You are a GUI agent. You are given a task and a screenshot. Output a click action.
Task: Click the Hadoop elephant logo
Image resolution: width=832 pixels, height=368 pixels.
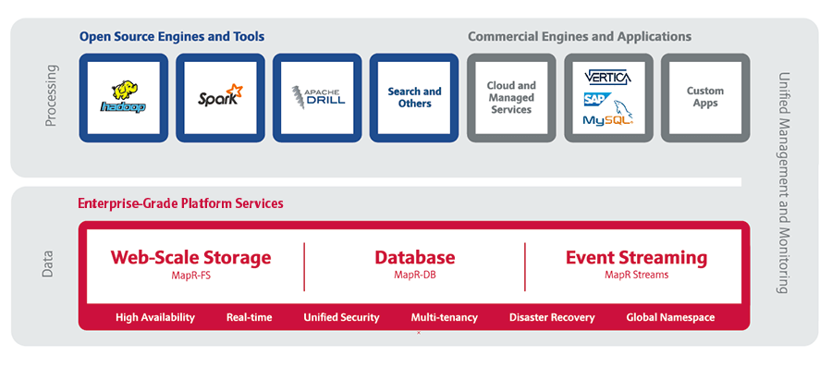(124, 97)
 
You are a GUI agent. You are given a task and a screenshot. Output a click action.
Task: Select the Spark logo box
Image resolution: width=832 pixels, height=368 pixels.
(220, 98)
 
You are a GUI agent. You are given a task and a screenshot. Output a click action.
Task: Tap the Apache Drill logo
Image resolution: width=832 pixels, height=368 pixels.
(318, 98)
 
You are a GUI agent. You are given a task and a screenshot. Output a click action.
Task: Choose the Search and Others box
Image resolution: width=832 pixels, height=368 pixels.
(414, 98)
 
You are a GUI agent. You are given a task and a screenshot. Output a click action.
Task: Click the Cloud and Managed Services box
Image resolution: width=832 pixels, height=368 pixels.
(511, 98)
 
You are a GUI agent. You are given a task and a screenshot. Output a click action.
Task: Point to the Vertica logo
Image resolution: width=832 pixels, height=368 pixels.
(607, 78)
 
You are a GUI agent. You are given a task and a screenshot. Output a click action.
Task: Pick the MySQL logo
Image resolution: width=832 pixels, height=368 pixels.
(608, 117)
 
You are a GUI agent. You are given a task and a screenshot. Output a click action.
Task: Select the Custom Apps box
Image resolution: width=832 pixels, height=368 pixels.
(705, 98)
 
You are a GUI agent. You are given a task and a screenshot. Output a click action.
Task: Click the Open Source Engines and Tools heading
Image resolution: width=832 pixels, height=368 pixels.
(172, 37)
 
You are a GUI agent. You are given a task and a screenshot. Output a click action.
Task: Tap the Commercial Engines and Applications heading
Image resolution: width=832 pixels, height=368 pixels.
(580, 37)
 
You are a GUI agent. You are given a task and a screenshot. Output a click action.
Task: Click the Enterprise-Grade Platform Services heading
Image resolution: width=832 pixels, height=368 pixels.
(180, 203)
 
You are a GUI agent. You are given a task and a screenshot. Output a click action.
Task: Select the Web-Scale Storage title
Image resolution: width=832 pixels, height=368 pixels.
(191, 258)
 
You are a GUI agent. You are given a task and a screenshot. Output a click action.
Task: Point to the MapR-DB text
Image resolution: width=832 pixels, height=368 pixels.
(415, 275)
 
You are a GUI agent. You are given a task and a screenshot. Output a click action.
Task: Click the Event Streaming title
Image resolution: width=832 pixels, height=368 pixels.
(636, 258)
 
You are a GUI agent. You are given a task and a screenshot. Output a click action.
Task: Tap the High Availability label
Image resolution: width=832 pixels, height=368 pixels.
(155, 317)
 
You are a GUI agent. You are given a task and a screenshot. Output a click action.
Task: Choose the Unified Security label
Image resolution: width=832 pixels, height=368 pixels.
(341, 317)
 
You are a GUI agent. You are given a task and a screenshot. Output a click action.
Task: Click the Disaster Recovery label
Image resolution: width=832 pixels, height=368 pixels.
(552, 317)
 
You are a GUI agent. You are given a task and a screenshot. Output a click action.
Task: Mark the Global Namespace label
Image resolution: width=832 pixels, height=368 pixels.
(670, 317)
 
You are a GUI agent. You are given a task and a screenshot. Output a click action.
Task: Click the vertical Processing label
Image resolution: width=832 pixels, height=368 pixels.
(51, 95)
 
